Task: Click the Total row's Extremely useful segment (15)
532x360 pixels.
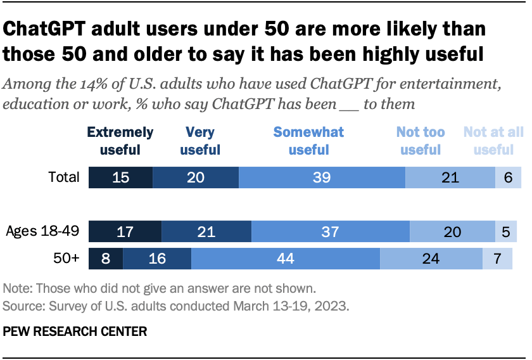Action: (x=120, y=177)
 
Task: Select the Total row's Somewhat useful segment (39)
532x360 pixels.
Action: (x=322, y=177)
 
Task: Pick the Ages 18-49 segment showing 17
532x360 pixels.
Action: (x=125, y=232)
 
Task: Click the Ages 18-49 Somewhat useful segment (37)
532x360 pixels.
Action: (x=331, y=232)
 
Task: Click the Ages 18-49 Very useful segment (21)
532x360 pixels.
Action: (x=206, y=232)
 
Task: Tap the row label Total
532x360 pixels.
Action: (x=65, y=177)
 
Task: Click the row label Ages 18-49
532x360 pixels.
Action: (x=42, y=232)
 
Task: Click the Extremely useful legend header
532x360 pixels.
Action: (x=120, y=141)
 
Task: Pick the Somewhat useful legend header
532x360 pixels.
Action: (x=308, y=141)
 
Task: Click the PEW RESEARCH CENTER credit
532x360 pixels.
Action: (x=75, y=331)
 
